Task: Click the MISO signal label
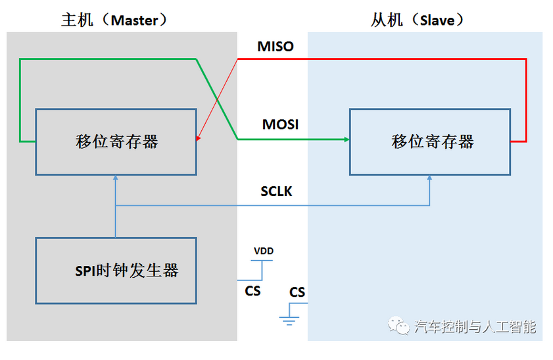click(275, 47)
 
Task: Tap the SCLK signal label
click(276, 192)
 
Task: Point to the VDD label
click(263, 251)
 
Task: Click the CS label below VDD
click(253, 290)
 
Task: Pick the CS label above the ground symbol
click(297, 292)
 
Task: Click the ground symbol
click(289, 321)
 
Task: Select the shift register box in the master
click(116, 141)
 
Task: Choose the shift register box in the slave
click(430, 141)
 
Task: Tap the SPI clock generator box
click(116, 270)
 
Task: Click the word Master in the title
click(134, 20)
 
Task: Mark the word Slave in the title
click(437, 20)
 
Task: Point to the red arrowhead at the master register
click(198, 138)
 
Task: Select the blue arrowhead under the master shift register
click(116, 178)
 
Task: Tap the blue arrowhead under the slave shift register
click(430, 178)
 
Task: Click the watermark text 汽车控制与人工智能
click(475, 326)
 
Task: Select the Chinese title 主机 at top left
click(74, 20)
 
